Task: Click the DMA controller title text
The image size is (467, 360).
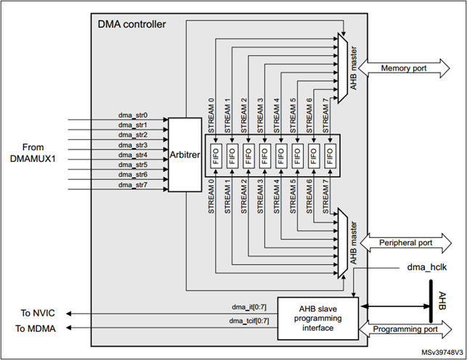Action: tap(131, 25)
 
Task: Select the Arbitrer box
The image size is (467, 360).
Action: tap(184, 155)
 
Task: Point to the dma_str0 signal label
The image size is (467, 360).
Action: tap(133, 114)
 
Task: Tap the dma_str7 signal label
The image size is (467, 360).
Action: tap(133, 185)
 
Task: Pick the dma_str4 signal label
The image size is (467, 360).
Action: tap(133, 155)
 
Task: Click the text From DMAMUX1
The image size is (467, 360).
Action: tap(38, 152)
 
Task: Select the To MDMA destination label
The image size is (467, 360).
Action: tap(36, 328)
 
